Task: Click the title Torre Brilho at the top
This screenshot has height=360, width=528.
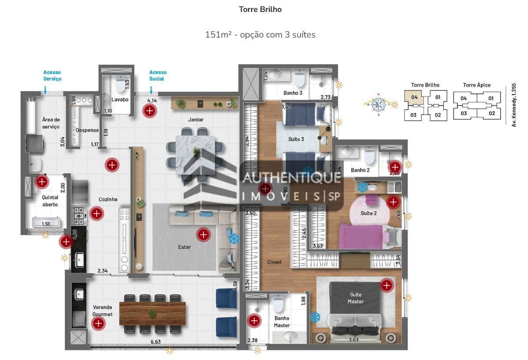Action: pos(260,9)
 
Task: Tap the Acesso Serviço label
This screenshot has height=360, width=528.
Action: pos(52,75)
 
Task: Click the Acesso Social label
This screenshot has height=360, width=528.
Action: pos(158,75)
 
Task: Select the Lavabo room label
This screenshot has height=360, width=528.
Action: pos(120,100)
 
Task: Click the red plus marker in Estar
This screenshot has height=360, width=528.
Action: pos(203,235)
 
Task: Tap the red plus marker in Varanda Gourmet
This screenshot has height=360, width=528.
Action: pos(98,323)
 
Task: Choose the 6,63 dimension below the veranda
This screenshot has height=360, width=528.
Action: pos(155,342)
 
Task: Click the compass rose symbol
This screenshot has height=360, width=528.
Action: pos(378,104)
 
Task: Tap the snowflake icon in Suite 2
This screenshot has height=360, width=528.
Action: pos(362,187)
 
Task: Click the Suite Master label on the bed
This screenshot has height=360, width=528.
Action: pos(355,298)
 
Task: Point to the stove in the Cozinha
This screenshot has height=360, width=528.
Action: pos(79,214)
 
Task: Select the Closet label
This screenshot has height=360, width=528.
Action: pos(274,262)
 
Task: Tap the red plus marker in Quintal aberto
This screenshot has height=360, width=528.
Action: pos(42,181)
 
